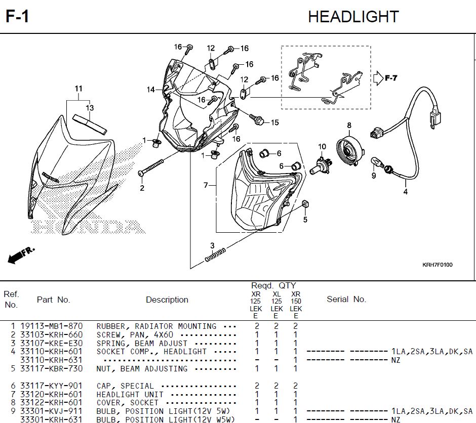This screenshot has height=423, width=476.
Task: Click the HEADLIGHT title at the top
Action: point(353,17)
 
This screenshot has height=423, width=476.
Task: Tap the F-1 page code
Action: point(17,17)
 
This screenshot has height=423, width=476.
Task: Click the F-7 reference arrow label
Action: point(391,78)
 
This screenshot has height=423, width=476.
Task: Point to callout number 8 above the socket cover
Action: point(349,125)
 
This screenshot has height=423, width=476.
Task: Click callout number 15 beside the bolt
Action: point(274,122)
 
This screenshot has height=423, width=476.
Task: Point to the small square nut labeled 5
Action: point(305,204)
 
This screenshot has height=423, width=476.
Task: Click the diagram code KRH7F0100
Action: point(438,265)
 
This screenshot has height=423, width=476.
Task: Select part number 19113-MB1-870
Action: point(51,326)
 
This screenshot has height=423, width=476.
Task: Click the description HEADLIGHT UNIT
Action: point(130,394)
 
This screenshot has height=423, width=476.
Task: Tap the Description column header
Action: point(167,300)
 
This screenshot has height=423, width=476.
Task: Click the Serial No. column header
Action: point(346,299)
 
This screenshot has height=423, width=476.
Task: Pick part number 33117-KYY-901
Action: point(51,386)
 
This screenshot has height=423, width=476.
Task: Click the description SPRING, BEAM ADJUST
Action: point(142,343)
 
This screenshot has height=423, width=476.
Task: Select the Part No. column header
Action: point(53,300)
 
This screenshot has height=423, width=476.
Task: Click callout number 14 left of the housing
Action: point(151,90)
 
